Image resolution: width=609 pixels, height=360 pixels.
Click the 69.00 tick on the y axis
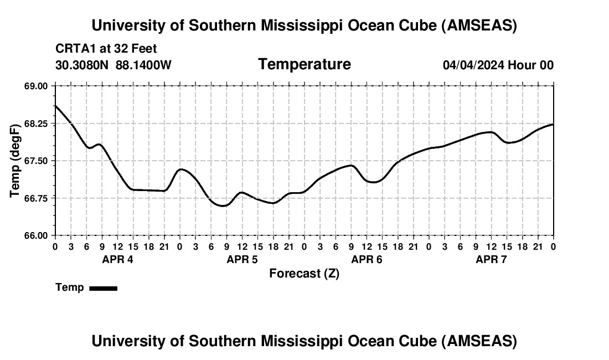pos(37,86)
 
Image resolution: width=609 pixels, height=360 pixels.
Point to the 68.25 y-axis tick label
pos(37,124)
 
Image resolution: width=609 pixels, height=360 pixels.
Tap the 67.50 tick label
pos(37,161)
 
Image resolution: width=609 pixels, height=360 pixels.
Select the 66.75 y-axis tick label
pos(37,198)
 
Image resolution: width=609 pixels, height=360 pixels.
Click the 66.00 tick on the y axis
pos(37,235)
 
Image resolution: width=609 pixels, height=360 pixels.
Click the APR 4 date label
pos(117,259)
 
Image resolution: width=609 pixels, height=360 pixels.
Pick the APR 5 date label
pos(242,259)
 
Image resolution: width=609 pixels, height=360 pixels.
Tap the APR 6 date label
pos(367,259)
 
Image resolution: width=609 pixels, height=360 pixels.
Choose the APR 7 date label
pos(491,259)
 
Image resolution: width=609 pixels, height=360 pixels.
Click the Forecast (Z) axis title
pos(304,274)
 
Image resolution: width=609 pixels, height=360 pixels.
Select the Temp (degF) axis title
pos(16,161)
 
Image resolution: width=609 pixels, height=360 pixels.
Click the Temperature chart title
pos(304,64)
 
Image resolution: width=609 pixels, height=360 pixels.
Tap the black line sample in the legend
pos(103,288)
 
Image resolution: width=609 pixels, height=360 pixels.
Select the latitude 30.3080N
pos(82,65)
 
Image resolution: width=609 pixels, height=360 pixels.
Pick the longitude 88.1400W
pos(143,65)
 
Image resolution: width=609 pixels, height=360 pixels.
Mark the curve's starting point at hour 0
pos(55,105)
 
